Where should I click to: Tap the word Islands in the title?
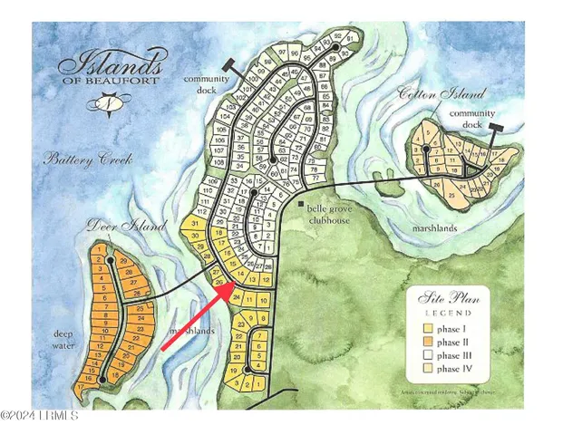[112, 66]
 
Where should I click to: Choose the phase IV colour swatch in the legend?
[420, 369]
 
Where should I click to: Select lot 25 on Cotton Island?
[451, 193]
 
